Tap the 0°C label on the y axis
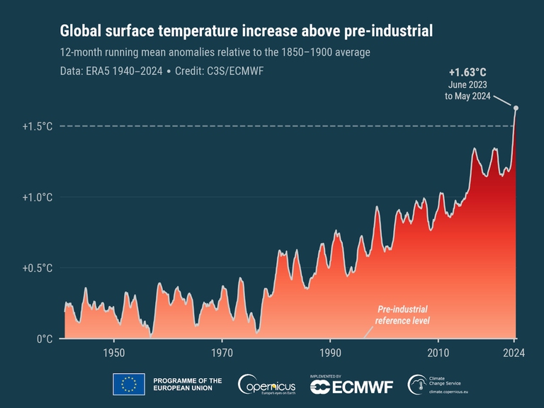coord(45,339)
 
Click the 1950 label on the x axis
coord(114,353)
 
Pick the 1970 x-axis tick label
coord(222,353)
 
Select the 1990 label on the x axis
coord(330,353)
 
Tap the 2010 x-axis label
coord(438,353)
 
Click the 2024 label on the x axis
coord(514,353)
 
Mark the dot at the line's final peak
coord(516,108)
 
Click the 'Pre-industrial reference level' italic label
coord(403,315)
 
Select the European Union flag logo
coord(128,385)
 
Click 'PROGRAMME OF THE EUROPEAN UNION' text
coord(188,385)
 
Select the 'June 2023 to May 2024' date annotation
coord(466,90)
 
